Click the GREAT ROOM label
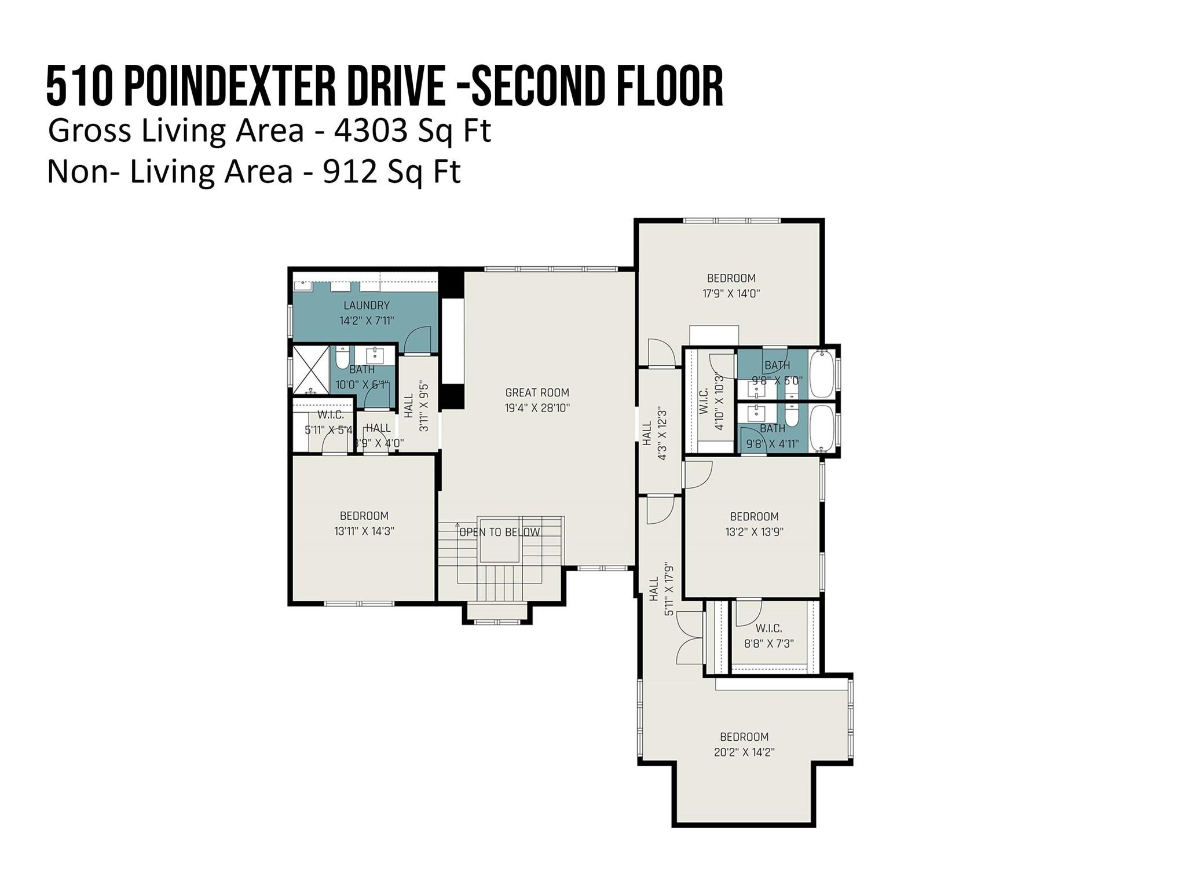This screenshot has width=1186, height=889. [537, 392]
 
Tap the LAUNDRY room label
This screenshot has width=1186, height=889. [366, 305]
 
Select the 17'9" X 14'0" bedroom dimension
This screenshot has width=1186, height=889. [731, 293]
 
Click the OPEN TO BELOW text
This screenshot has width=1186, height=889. [499, 532]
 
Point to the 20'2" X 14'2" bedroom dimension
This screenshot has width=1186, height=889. [744, 752]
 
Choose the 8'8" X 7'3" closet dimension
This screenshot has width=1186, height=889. [768, 643]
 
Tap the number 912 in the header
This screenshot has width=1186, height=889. [347, 172]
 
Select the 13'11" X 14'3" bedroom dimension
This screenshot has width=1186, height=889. [364, 531]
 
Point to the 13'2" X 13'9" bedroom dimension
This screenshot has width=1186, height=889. [754, 532]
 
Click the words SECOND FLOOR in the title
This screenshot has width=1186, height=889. [598, 86]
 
